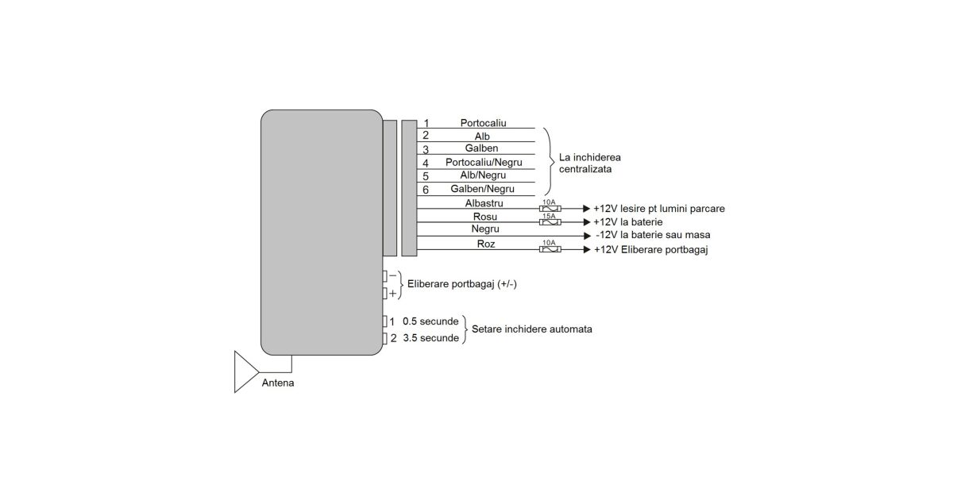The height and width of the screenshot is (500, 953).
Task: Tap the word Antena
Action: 277,384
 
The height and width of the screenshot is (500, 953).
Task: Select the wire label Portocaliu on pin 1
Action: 483,123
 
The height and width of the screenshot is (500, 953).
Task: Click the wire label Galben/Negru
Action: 482,189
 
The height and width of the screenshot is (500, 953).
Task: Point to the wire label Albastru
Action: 484,203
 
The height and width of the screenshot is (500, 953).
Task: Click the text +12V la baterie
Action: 627,222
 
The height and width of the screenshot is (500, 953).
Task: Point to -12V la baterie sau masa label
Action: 653,235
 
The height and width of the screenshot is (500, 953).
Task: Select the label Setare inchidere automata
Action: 531,329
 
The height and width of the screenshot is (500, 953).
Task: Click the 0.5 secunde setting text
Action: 430,321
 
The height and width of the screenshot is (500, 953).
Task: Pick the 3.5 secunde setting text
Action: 430,338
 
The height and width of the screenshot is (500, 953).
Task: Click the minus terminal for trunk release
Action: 385,275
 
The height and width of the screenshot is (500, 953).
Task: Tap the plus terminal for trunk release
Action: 385,293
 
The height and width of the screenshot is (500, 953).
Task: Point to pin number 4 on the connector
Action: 426,163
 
